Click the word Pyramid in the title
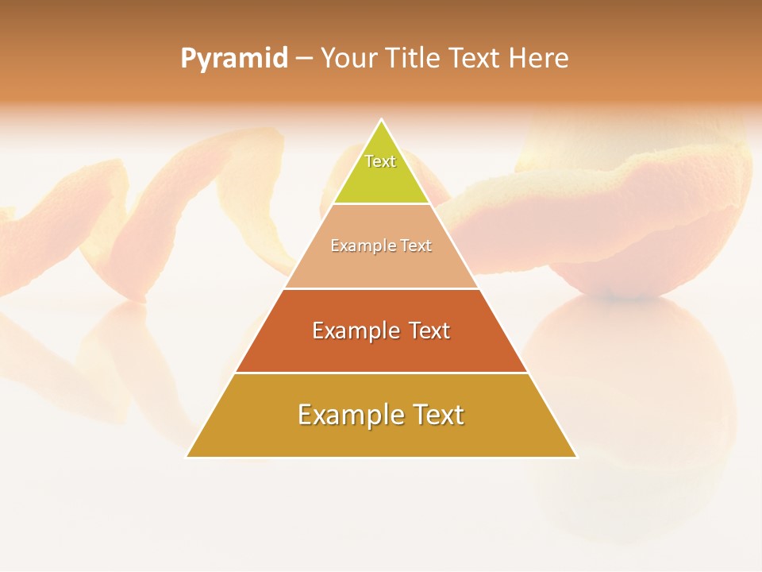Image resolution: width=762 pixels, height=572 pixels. (233, 59)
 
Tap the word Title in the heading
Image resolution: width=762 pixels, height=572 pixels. (411, 59)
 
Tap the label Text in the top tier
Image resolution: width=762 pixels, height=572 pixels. (380, 161)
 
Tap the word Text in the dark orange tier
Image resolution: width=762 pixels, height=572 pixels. (425, 330)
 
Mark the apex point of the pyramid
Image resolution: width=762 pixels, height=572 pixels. (382, 120)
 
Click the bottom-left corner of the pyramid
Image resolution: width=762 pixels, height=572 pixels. (187, 457)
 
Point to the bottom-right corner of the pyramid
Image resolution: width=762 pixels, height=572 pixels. (576, 457)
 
